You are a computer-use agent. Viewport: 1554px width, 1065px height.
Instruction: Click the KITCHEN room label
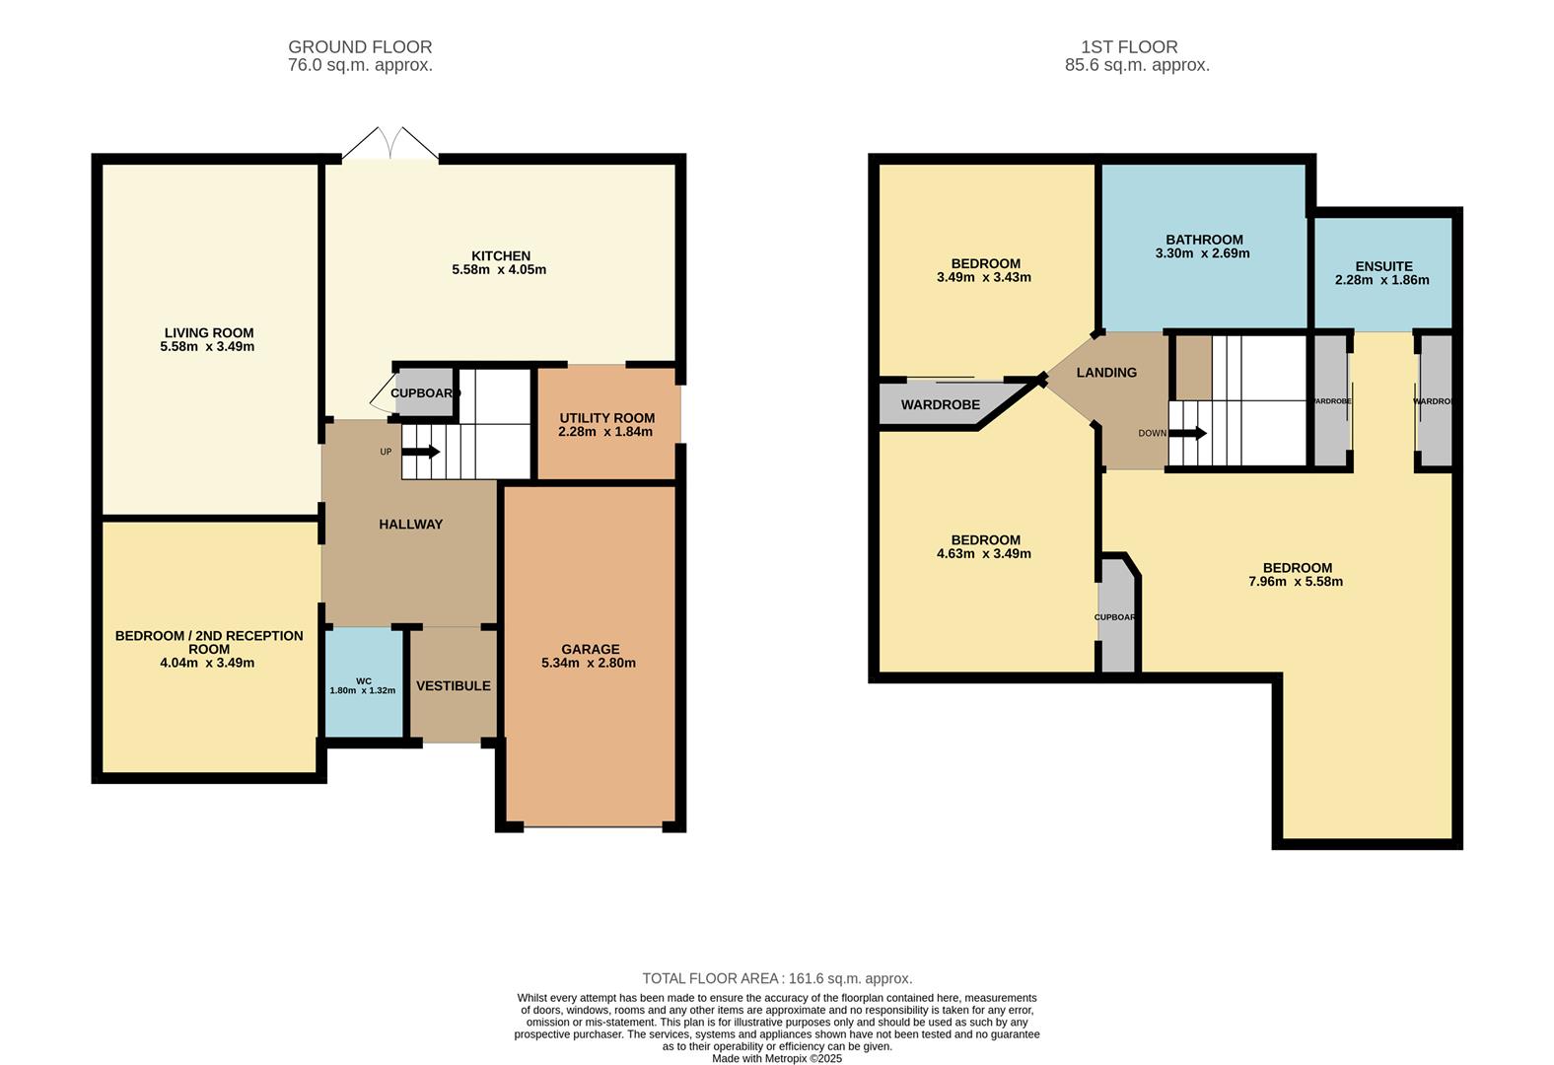(x=500, y=255)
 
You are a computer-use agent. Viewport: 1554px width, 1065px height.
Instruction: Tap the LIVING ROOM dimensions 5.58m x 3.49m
(x=207, y=347)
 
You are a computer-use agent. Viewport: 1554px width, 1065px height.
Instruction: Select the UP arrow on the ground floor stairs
(x=422, y=452)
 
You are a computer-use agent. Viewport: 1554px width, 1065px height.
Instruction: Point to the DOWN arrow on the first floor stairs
(x=1188, y=433)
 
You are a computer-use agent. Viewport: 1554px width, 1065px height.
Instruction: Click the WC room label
(x=363, y=681)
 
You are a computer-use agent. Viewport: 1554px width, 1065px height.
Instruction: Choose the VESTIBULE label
(x=453, y=685)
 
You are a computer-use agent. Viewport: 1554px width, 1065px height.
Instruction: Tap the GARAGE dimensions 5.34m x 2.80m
(x=589, y=663)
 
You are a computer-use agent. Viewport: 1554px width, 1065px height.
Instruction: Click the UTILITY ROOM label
(x=606, y=417)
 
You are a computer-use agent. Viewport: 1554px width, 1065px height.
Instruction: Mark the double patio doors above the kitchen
(x=390, y=144)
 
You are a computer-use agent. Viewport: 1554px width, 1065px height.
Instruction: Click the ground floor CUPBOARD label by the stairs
(x=425, y=392)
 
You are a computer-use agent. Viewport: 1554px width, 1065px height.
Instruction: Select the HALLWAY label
(x=410, y=524)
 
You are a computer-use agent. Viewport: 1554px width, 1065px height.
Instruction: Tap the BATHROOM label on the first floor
(x=1203, y=240)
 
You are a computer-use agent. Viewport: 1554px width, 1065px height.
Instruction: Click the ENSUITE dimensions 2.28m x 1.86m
(x=1381, y=280)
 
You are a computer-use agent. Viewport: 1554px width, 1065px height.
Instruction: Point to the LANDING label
(x=1105, y=372)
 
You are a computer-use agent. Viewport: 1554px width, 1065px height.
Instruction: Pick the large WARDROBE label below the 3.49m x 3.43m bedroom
(x=940, y=404)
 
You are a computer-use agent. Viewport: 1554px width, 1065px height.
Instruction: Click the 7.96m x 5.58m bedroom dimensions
(x=1295, y=582)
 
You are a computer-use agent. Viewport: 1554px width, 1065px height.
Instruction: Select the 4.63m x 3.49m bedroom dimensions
(x=983, y=554)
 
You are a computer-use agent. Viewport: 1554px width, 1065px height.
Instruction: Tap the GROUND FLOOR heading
(x=360, y=46)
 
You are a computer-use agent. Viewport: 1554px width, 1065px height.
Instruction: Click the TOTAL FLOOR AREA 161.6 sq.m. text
(x=777, y=978)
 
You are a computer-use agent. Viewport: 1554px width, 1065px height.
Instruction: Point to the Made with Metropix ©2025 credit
(x=777, y=1058)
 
